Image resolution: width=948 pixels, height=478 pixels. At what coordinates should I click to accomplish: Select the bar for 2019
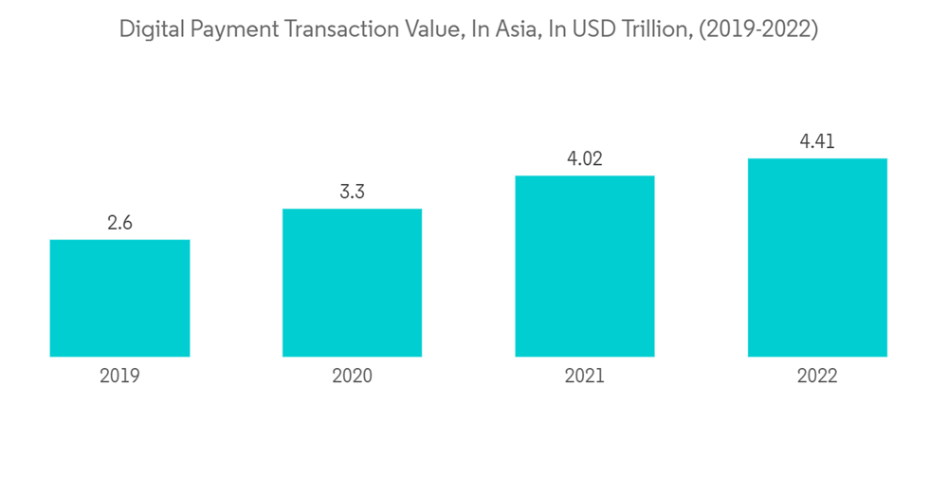[119, 298]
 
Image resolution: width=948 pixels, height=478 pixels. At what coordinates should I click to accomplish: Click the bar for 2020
[352, 283]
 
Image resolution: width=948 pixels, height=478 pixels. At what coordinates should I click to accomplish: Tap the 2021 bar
[585, 266]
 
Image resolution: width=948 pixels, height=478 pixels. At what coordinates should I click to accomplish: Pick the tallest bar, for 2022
[817, 257]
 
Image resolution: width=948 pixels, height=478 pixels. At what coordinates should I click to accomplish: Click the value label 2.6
[119, 224]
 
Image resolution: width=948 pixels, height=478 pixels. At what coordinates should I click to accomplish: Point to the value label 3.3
[352, 193]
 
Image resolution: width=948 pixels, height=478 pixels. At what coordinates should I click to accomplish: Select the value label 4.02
[585, 159]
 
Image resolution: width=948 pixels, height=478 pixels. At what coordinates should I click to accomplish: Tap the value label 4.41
[817, 142]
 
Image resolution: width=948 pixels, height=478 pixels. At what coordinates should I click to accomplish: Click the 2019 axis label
[119, 377]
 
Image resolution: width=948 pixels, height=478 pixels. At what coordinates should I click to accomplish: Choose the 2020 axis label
[352, 377]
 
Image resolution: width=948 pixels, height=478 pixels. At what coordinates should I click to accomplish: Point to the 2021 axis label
[585, 377]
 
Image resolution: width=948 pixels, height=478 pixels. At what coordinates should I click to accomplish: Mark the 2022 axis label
[817, 377]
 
